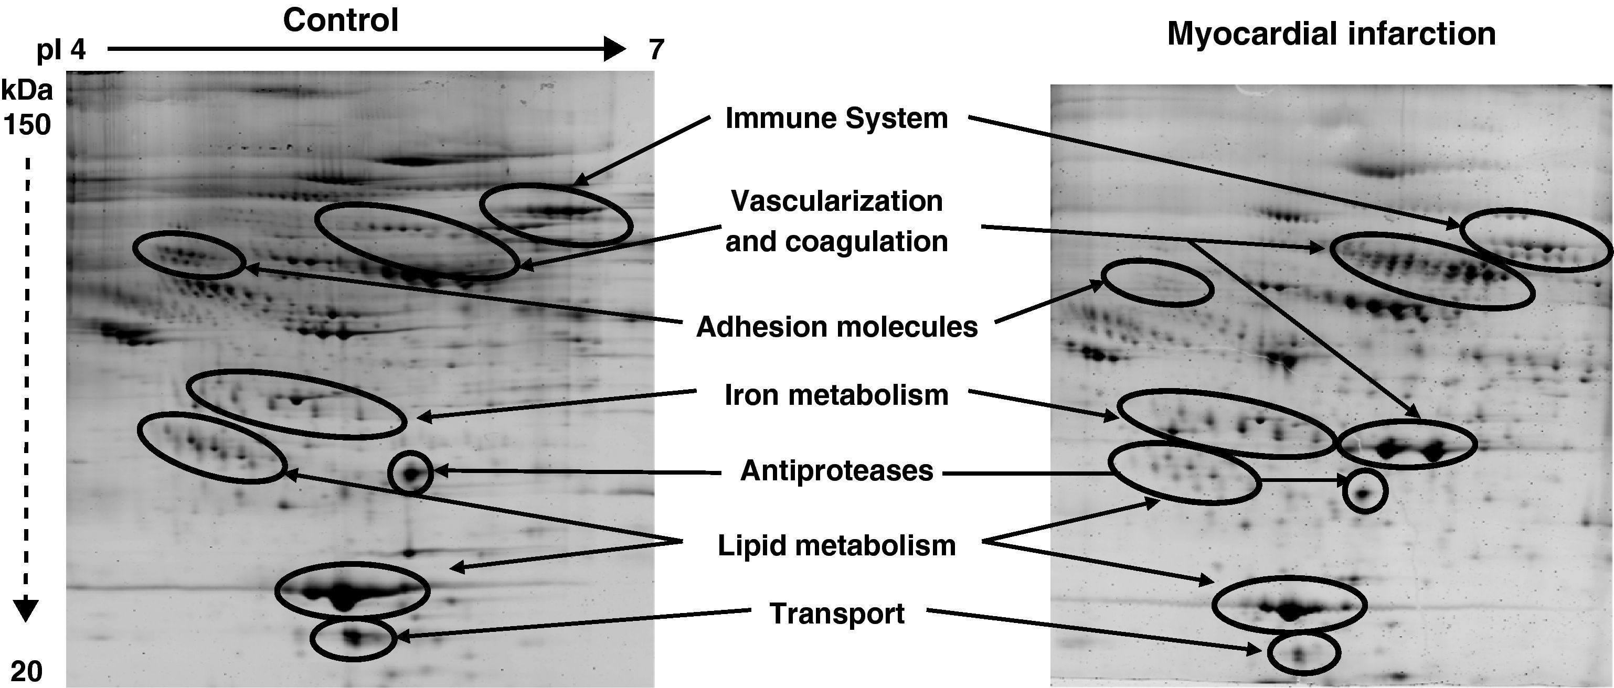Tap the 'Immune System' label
point(836,119)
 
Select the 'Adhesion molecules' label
point(836,327)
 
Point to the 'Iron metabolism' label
point(836,395)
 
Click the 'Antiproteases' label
point(836,471)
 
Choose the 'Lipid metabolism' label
point(836,545)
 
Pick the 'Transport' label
point(836,614)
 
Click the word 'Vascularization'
point(836,201)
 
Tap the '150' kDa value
point(27,125)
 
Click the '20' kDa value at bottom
point(26,672)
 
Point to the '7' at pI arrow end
point(656,49)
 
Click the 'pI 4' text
point(61,49)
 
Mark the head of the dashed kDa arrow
point(26,610)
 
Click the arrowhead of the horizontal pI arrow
point(614,48)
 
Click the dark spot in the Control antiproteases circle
point(410,474)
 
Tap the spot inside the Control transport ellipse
point(355,639)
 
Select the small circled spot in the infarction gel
point(1363,494)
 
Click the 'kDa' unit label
point(27,91)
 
